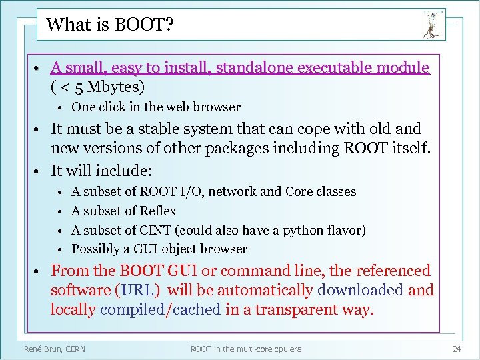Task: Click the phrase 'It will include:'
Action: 102,170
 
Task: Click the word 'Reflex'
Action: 158,211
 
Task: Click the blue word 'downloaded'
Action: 360,291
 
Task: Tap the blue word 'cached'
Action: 197,310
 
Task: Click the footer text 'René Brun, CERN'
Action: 54,349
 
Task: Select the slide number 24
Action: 457,349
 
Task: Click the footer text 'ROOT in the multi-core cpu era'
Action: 245,349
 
